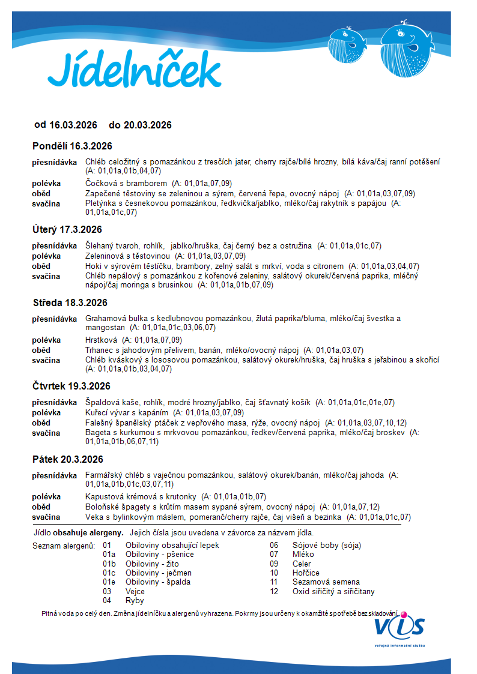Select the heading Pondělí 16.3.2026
(72, 146)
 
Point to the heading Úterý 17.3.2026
(67, 230)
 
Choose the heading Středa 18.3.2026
(70, 302)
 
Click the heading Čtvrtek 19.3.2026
(71, 386)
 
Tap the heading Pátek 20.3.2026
(68, 459)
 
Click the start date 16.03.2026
(73, 125)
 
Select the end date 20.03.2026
(148, 125)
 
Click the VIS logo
(400, 627)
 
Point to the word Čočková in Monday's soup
(100, 183)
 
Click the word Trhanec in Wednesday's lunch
(100, 350)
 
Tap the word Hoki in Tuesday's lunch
(94, 266)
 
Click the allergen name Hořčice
(306, 573)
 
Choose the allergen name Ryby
(135, 600)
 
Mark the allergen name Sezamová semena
(326, 582)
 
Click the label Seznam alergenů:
(63, 546)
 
